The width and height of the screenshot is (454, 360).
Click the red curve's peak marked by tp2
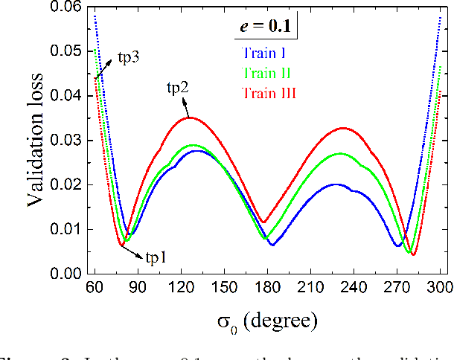pyautogui.click(x=190, y=118)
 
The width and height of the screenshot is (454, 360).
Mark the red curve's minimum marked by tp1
pyautogui.click(x=122, y=245)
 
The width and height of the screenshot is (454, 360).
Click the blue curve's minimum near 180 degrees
pyautogui.click(x=272, y=245)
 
